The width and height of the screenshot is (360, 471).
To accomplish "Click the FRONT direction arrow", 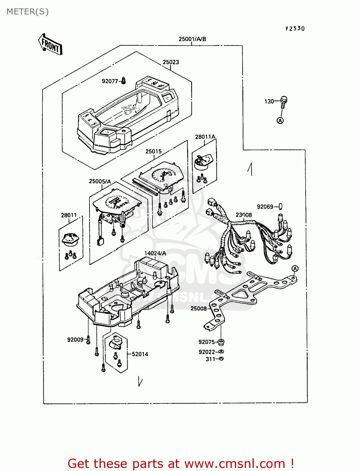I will [x=50, y=45].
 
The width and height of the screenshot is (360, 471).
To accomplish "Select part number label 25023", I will [x=171, y=62].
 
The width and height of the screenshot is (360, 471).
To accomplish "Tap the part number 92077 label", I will [x=110, y=81].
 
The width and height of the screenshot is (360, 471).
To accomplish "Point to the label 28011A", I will [x=205, y=137].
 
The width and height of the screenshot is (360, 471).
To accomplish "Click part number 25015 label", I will [x=153, y=151].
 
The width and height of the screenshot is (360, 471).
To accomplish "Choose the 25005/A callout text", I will [x=100, y=181].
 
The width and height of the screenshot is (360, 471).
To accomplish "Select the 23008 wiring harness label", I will [x=244, y=215].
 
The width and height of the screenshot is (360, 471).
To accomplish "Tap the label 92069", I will [x=265, y=207].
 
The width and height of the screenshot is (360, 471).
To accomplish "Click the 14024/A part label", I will [x=155, y=253].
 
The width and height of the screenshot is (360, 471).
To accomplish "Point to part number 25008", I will [x=199, y=309].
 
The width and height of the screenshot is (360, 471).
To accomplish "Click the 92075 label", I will [x=206, y=342].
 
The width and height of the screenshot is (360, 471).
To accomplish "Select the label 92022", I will [x=207, y=352].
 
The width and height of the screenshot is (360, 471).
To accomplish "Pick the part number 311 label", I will [x=210, y=359].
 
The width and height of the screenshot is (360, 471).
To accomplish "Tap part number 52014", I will [x=140, y=354].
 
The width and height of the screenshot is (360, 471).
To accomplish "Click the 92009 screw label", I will [x=75, y=340].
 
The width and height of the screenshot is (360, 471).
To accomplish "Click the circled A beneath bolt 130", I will [x=280, y=120].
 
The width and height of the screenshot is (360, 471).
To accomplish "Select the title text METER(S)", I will [x=28, y=12].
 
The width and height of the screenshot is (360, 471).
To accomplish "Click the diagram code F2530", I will [x=295, y=29].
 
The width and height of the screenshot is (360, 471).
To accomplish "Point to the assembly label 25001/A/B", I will [x=192, y=39].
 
